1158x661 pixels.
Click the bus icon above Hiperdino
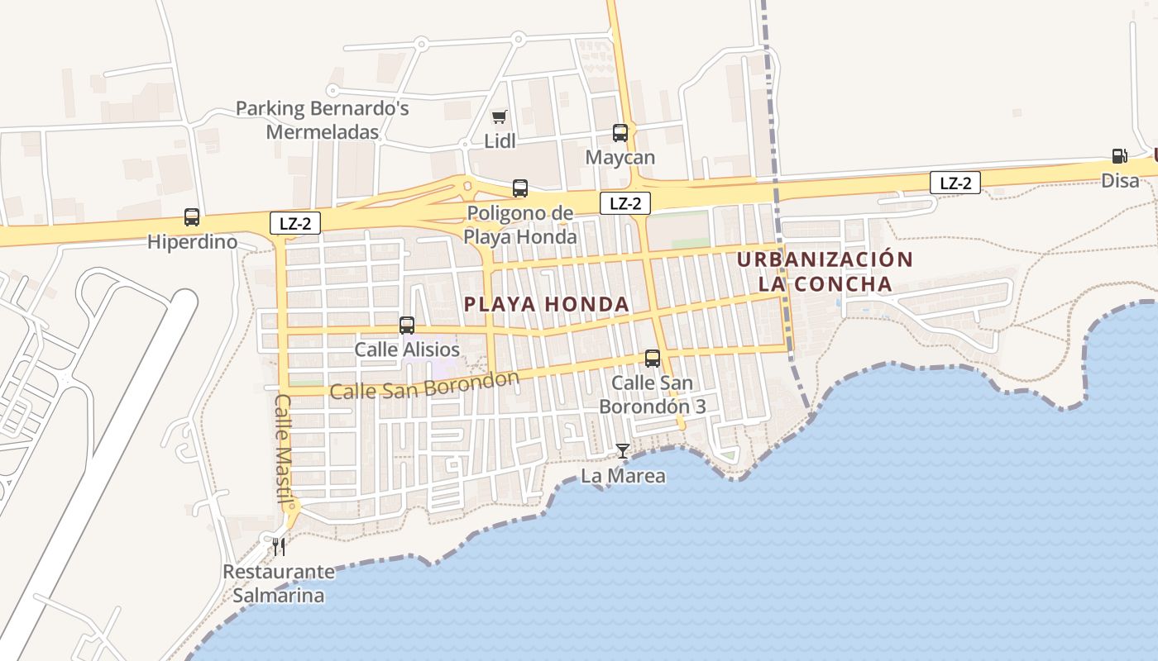pos(192,217)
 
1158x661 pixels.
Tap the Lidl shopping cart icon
pos(499,117)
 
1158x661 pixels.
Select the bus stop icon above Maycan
pos(620,132)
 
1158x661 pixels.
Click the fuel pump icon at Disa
pos(1119,155)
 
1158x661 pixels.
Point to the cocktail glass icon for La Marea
pos(623,451)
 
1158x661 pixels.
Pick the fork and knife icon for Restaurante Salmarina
pos(279,546)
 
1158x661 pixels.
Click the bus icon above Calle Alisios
pos(406,326)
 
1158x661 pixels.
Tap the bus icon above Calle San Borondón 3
pos(653,359)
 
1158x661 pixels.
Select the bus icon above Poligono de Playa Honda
pos(519,188)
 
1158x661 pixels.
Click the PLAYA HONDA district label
pos(547,304)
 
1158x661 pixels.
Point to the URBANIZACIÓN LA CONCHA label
pos(825,272)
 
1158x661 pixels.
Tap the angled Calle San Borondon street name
pos(424,385)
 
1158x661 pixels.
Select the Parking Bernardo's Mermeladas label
pos(323,120)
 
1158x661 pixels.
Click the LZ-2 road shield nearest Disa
pos(955,183)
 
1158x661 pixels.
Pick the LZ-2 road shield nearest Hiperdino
pos(295,222)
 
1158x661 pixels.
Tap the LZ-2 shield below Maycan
pos(625,203)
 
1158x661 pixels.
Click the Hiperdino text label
pos(192,242)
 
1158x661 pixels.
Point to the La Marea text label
pos(623,476)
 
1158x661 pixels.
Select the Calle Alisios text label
pos(407,350)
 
